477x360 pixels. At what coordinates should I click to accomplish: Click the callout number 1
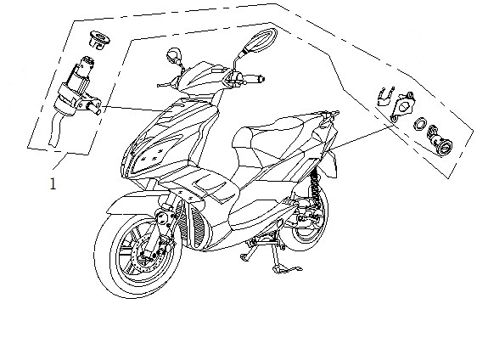53,183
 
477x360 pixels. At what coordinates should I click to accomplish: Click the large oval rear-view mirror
261,39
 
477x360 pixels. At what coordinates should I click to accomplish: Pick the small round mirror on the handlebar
174,56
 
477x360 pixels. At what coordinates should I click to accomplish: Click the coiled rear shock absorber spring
316,188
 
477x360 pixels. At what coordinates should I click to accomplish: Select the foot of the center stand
286,269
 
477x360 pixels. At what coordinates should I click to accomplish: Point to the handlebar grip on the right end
254,78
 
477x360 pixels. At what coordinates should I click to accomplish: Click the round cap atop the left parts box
99,40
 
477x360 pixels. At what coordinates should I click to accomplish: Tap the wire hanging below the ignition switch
55,130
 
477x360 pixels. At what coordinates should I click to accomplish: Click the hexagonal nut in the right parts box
420,124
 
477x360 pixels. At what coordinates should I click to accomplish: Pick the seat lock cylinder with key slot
440,141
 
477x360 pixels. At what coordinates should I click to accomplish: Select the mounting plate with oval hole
402,106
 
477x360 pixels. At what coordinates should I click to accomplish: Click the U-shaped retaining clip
385,96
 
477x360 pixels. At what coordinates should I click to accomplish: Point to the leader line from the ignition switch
131,109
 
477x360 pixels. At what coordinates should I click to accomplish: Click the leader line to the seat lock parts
361,138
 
